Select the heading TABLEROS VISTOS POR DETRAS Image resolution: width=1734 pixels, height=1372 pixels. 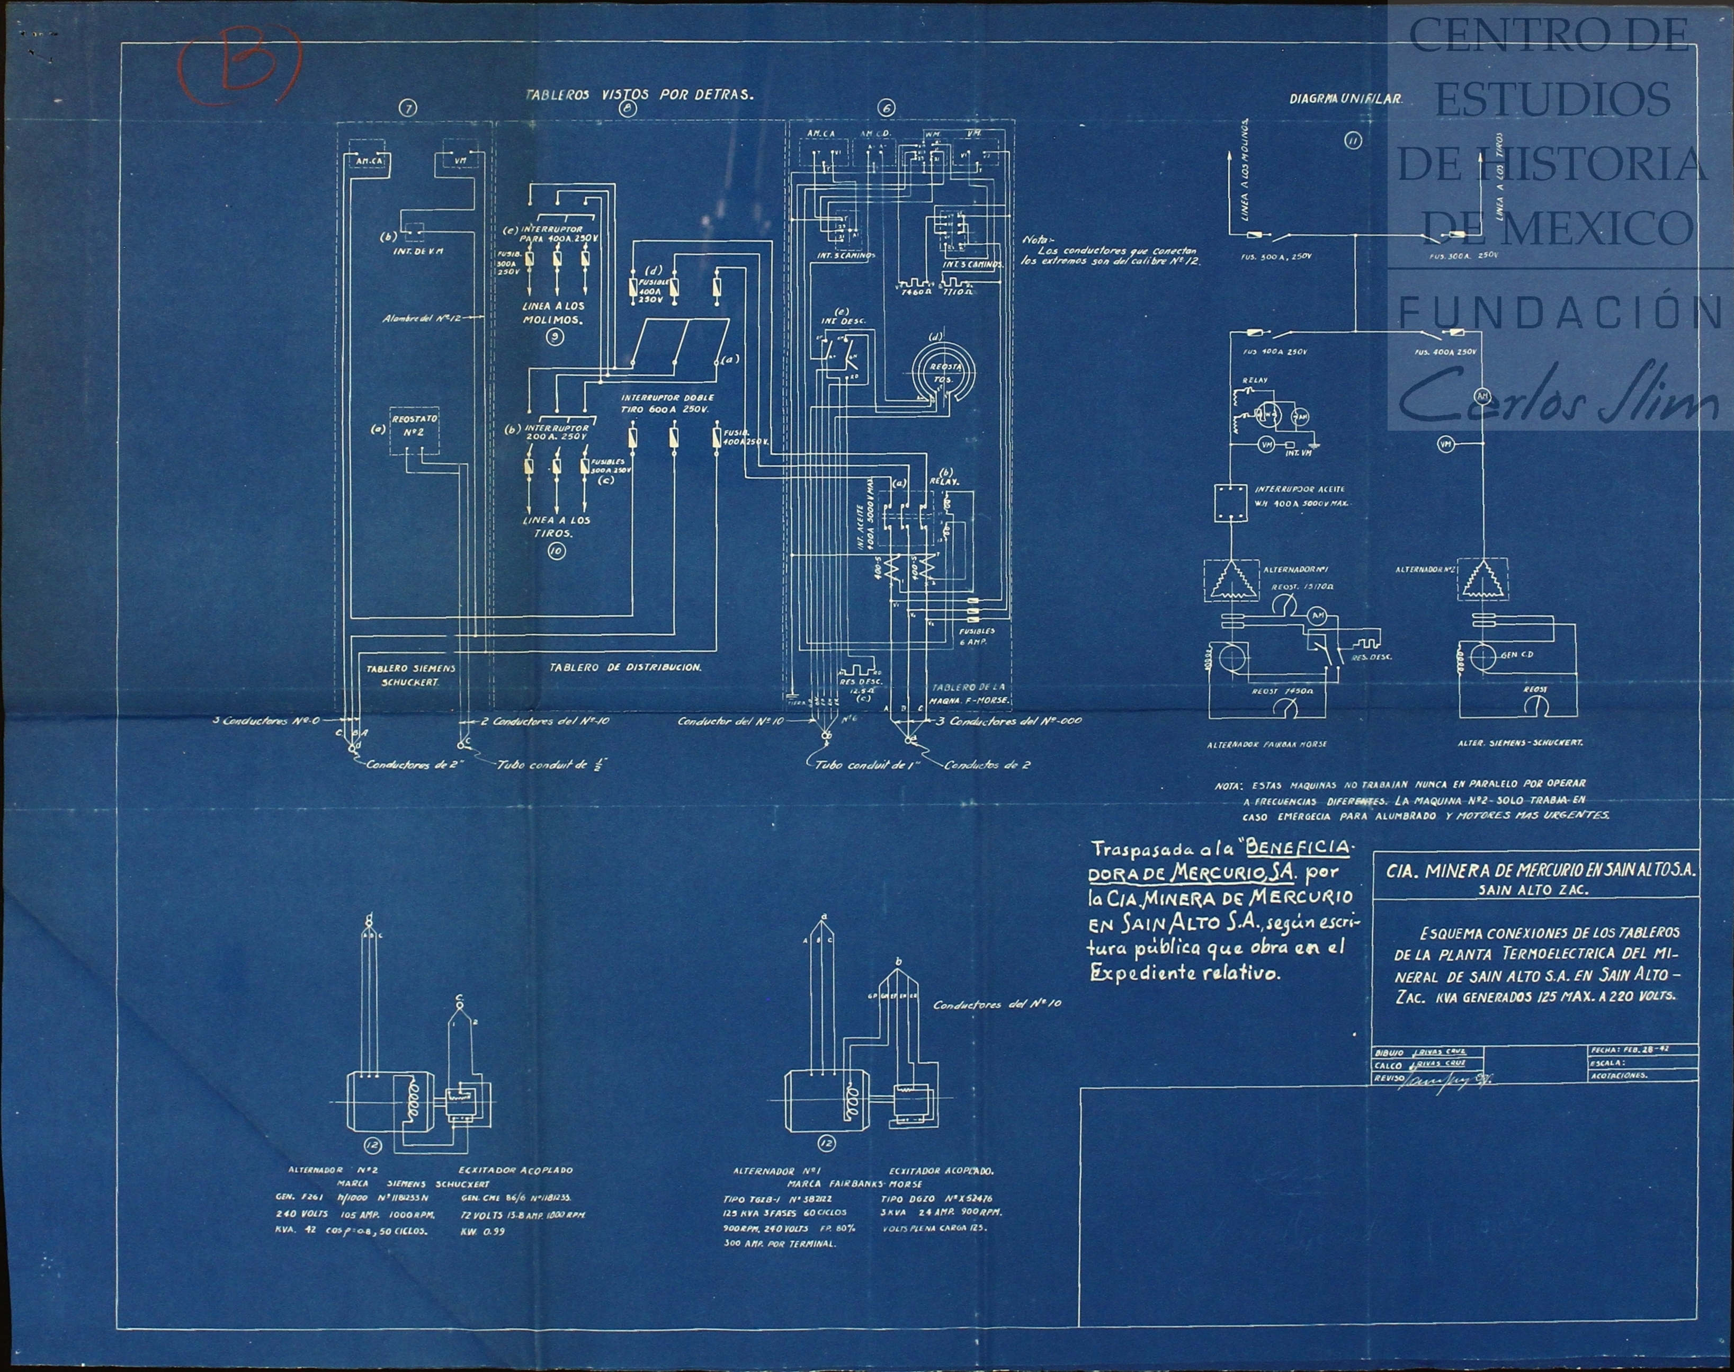(x=639, y=94)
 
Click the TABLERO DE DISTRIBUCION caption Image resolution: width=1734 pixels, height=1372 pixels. (x=625, y=667)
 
